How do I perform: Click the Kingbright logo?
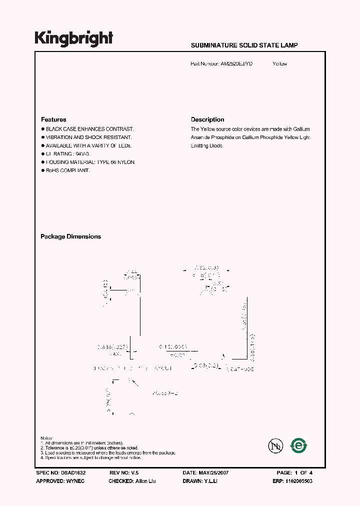pos(73,38)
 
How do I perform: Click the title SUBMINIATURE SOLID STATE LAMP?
pos(244,45)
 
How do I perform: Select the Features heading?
pos(53,120)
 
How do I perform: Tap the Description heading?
pos(207,120)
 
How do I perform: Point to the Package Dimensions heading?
pos(70,237)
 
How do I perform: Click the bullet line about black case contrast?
pos(89,129)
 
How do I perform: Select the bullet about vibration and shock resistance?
pos(88,137)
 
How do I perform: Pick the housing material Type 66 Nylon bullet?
pos(90,162)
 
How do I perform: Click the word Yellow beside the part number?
pos(279,64)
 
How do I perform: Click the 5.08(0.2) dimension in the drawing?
pos(206,365)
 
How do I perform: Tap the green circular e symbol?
pos(299,445)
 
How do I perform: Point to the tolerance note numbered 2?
pos(89,448)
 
